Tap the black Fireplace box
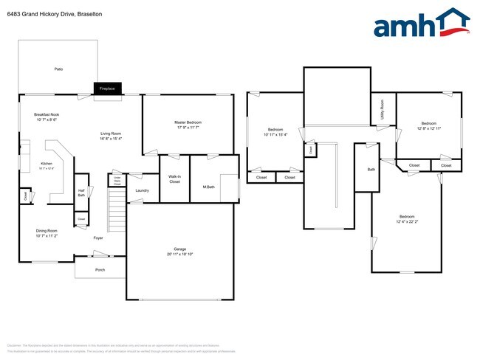tap(107, 89)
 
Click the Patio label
tap(58, 69)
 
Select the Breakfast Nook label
tap(47, 115)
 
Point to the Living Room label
tap(111, 134)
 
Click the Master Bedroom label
tap(188, 122)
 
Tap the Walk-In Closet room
tap(174, 178)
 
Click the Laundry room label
tap(143, 190)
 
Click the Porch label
tap(100, 270)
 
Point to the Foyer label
tap(97, 238)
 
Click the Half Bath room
tap(81, 193)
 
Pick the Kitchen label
tap(47, 163)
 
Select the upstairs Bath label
tap(371, 170)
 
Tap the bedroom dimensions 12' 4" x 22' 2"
tap(407, 222)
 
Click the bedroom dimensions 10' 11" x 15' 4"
tap(273, 135)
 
